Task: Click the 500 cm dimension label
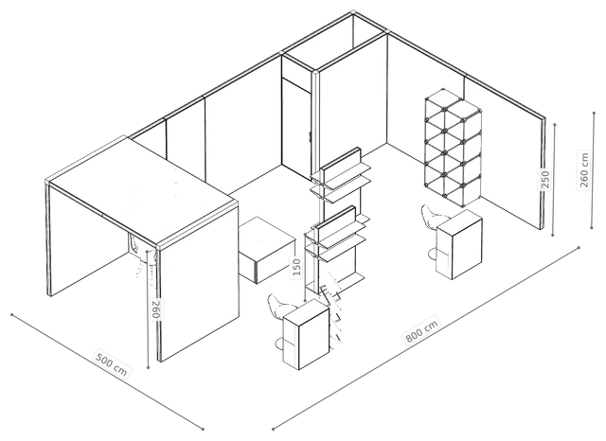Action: coord(112,364)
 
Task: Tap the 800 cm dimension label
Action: coord(421,330)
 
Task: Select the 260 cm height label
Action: coord(583,170)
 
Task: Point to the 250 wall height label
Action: coord(545,179)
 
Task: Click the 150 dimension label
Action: coord(296,267)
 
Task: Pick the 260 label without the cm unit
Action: coord(155,309)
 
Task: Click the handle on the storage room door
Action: coord(310,136)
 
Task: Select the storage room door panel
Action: coord(296,129)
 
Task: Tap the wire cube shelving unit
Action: coord(454,147)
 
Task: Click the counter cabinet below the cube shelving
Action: coord(459,244)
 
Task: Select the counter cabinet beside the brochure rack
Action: coord(306,334)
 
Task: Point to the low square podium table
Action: coord(267,250)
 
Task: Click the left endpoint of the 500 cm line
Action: coord(12,315)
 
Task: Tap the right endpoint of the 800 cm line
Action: coord(579,247)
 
